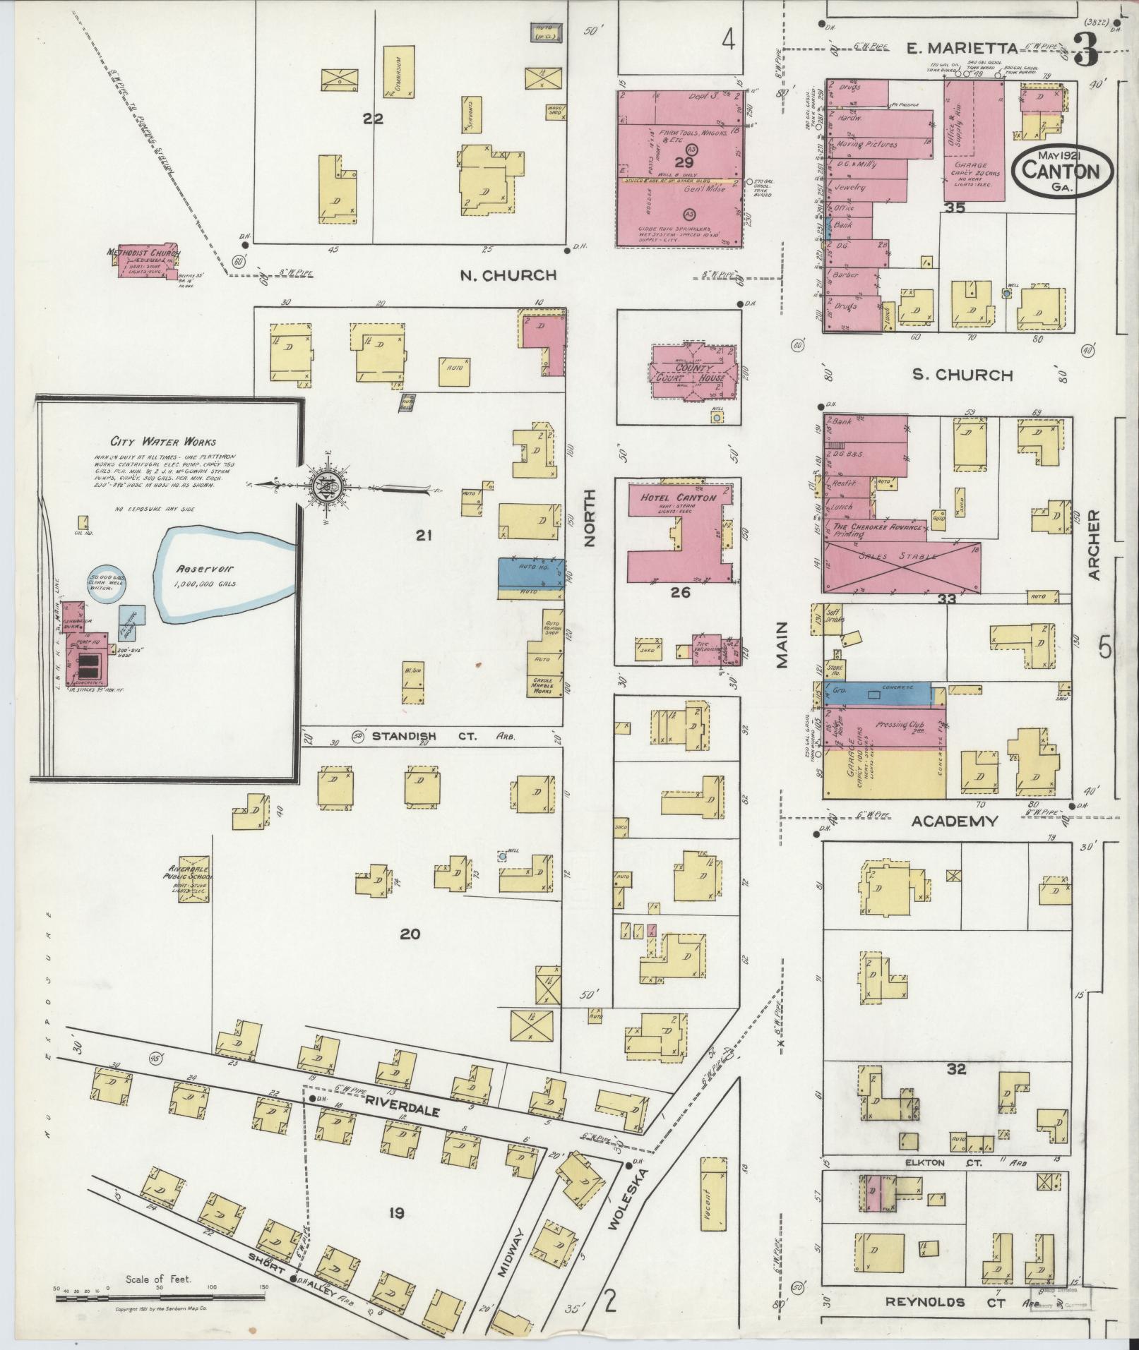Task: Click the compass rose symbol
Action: click(327, 485)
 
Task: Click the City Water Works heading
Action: click(157, 443)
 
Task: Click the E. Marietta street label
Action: click(962, 49)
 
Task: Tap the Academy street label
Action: click(955, 821)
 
